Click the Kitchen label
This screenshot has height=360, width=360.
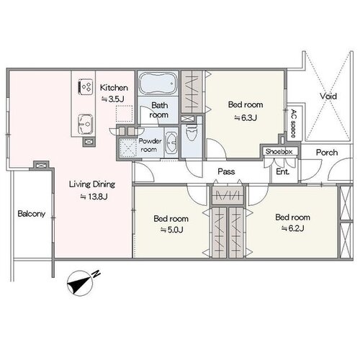[114, 88]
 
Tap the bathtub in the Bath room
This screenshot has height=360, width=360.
[158, 84]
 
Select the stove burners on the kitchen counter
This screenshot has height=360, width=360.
[86, 86]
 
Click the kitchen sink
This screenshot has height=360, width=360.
[85, 124]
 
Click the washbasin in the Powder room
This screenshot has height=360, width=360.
[171, 143]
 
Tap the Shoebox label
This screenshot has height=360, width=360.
[279, 152]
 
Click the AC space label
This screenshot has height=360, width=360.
[293, 123]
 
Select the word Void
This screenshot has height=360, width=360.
[328, 96]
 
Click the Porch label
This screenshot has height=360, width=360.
[327, 153]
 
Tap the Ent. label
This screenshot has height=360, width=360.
[283, 171]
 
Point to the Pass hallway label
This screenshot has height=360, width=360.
[226, 171]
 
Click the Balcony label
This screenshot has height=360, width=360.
[32, 214]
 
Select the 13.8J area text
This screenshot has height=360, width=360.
[94, 197]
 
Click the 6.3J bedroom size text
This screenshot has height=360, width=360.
[246, 117]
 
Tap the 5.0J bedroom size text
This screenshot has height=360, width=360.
[171, 230]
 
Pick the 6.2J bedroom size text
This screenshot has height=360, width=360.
[292, 228]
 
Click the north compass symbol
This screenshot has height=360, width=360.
[80, 284]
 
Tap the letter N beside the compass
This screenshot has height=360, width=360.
[96, 274]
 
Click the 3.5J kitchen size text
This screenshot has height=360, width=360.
[112, 99]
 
